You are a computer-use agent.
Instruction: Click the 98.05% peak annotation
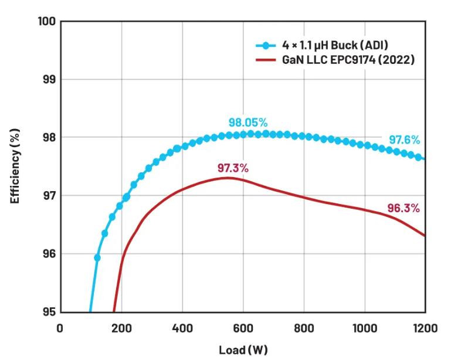click(x=248, y=123)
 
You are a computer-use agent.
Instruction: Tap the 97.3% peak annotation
click(x=233, y=168)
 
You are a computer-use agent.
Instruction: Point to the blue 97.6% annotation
click(x=404, y=140)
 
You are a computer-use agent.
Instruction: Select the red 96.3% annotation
click(x=403, y=208)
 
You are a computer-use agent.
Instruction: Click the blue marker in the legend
click(x=266, y=45)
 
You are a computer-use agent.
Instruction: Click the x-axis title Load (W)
click(x=243, y=350)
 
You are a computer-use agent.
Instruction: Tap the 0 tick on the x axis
click(x=60, y=328)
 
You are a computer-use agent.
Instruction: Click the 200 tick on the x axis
click(x=121, y=328)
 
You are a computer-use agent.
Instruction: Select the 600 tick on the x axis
click(x=243, y=328)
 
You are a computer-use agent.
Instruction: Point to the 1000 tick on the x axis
click(x=364, y=328)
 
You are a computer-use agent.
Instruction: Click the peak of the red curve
click(x=228, y=178)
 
